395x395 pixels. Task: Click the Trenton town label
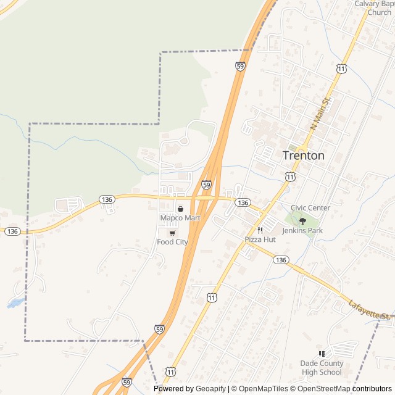(303, 156)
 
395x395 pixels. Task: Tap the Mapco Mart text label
(180, 218)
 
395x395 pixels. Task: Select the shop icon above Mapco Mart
(180, 209)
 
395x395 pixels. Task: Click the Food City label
(172, 242)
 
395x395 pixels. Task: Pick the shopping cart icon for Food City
(172, 233)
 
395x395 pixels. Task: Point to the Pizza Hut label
(260, 239)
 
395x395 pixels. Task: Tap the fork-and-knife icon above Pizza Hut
(260, 230)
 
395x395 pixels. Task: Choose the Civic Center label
(310, 208)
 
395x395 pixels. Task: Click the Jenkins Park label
(302, 231)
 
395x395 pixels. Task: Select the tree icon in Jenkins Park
(302, 221)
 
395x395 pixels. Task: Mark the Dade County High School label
(321, 367)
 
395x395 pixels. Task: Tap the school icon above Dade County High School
(321, 354)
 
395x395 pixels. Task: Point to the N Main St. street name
(321, 113)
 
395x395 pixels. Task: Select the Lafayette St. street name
(370, 310)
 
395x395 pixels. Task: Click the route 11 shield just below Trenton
(289, 177)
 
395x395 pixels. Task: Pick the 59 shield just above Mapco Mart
(207, 185)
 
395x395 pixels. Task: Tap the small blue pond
(16, 303)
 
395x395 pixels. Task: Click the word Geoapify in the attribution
(210, 389)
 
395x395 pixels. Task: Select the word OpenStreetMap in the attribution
(322, 389)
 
